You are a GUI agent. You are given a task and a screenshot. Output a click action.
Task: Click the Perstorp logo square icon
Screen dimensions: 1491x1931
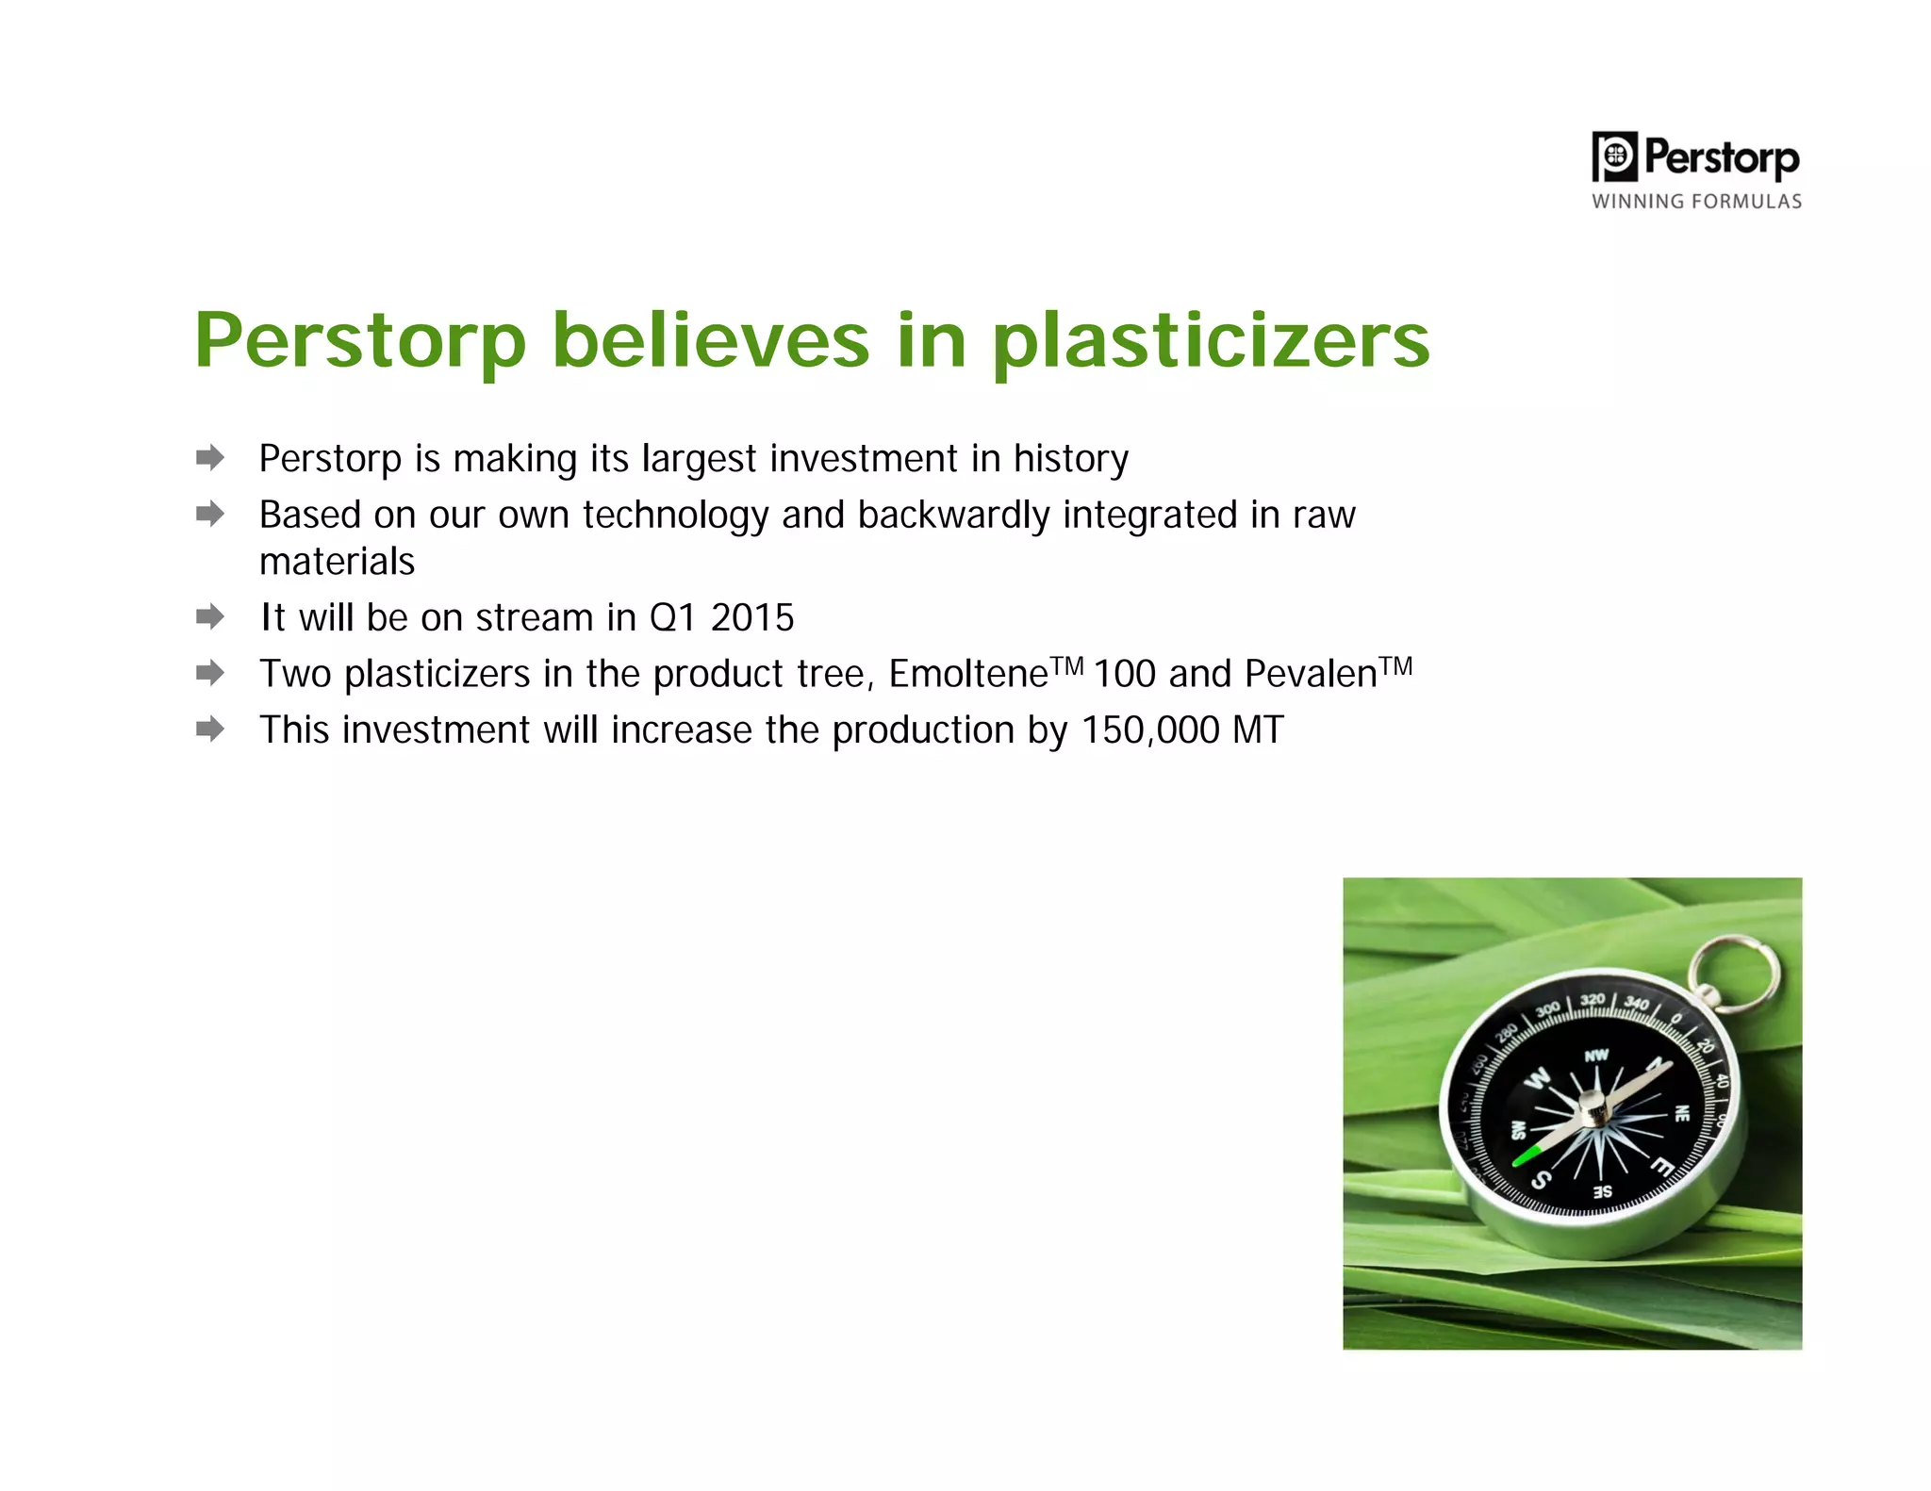click(x=1615, y=156)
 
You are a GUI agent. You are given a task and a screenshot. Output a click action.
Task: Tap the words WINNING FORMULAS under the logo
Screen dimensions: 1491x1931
click(x=1696, y=202)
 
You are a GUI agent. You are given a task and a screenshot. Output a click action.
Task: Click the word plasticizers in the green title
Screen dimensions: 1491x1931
click(x=1211, y=341)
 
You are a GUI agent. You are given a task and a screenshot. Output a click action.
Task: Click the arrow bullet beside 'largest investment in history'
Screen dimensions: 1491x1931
click(x=210, y=458)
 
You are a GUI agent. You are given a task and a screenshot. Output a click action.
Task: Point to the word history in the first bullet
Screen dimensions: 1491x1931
click(x=1070, y=460)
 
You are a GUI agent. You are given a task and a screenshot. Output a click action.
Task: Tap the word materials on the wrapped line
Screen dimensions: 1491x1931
click(x=337, y=562)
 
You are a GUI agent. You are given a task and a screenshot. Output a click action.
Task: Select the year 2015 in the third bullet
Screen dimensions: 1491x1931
click(x=751, y=618)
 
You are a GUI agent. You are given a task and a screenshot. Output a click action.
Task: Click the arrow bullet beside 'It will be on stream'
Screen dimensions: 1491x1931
click(x=210, y=617)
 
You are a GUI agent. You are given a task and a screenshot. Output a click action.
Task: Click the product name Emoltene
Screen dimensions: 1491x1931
click(x=967, y=675)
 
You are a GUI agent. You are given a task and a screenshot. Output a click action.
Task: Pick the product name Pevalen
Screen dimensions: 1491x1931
click(x=1310, y=675)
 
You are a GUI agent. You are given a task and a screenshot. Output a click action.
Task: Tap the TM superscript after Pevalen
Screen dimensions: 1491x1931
click(x=1396, y=666)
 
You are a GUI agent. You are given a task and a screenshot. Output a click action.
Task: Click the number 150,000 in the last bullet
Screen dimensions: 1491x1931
click(x=1149, y=730)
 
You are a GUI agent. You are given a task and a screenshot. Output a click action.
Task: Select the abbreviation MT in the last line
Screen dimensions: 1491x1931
click(x=1258, y=730)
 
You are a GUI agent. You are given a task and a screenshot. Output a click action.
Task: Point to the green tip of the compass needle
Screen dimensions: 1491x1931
click(x=1526, y=1155)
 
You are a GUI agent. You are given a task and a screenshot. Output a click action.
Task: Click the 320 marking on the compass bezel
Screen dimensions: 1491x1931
click(x=1593, y=1000)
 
